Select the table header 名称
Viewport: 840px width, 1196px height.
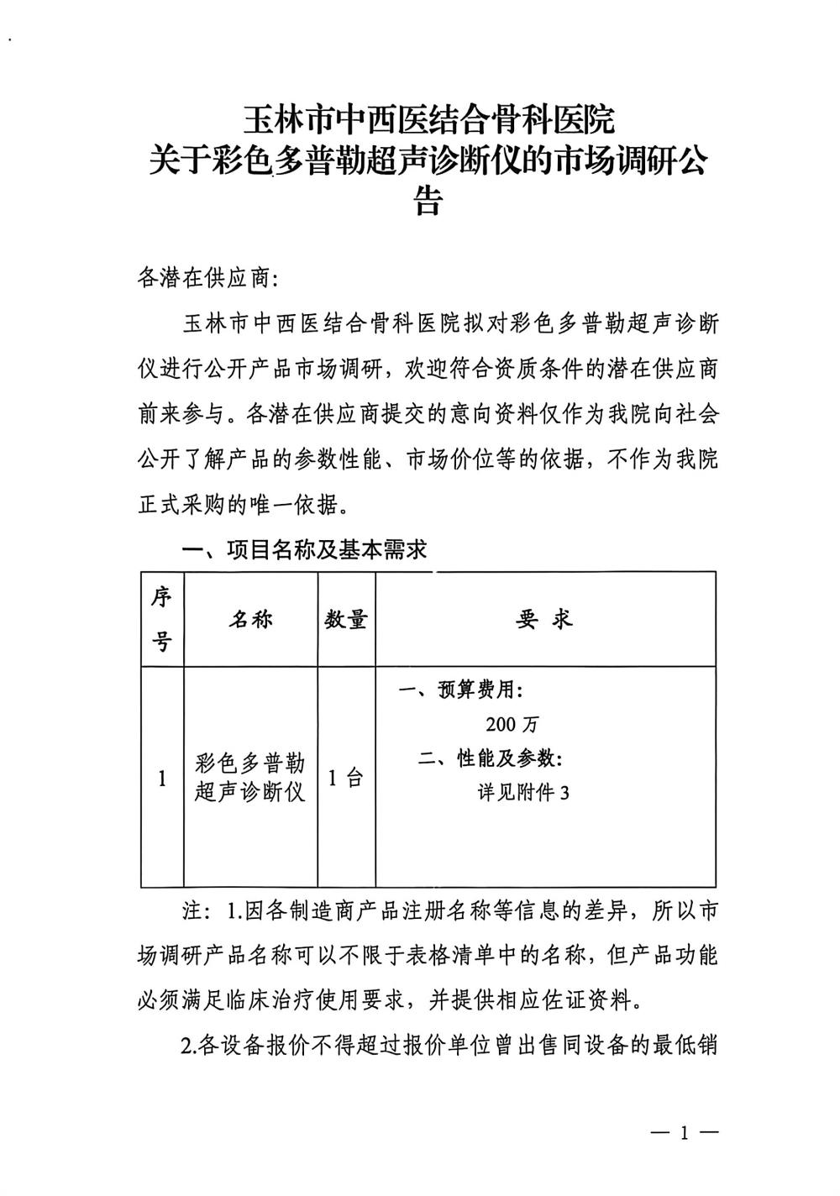pyautogui.click(x=250, y=621)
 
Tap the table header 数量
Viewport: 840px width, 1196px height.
pyautogui.click(x=346, y=621)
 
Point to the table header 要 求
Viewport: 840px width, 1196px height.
pyautogui.click(x=544, y=620)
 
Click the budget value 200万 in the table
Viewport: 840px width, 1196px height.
pyautogui.click(x=511, y=724)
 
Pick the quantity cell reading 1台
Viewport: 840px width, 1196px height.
pyautogui.click(x=345, y=778)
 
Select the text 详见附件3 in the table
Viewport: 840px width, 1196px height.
pyautogui.click(x=523, y=792)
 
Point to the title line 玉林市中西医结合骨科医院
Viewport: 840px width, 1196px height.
pyautogui.click(x=428, y=121)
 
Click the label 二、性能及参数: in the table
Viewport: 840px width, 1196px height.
pyautogui.click(x=491, y=758)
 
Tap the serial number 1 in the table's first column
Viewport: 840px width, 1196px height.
pyautogui.click(x=162, y=779)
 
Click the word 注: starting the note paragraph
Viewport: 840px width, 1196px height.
pyautogui.click(x=195, y=911)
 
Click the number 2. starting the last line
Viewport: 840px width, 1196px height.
pyautogui.click(x=188, y=1046)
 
